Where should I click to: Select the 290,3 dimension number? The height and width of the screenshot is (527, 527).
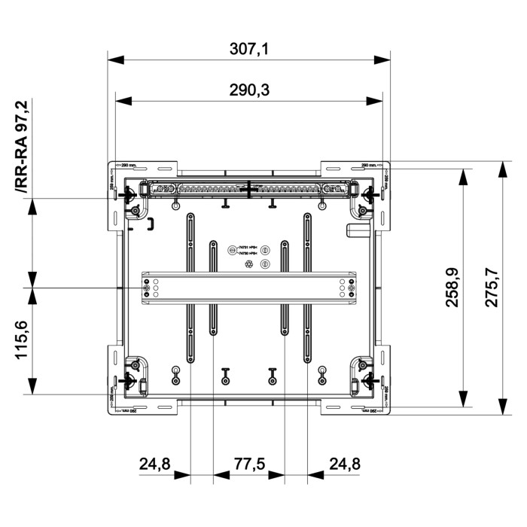pyautogui.click(x=248, y=90)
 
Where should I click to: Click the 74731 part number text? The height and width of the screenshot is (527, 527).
pyautogui.click(x=248, y=248)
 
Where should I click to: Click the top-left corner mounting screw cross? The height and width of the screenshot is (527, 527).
pyautogui.click(x=129, y=194)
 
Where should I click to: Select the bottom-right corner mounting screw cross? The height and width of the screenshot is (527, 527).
pyautogui.click(x=369, y=379)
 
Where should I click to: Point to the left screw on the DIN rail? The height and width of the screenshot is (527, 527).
pyautogui.click(x=146, y=288)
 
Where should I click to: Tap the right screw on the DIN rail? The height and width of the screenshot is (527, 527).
pyautogui.click(x=351, y=288)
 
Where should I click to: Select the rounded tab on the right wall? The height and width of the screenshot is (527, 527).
pyautogui.click(x=352, y=230)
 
